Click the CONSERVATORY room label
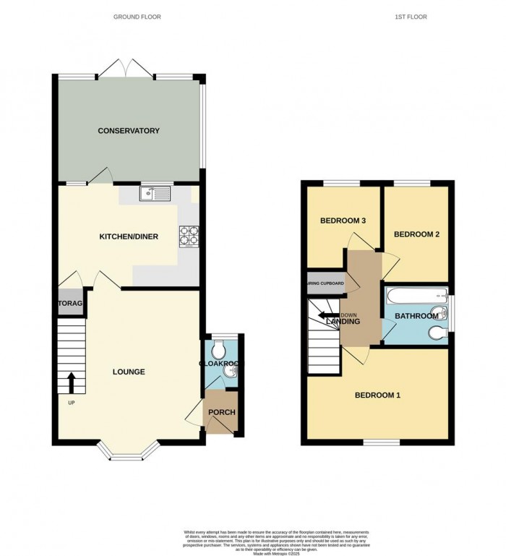[129, 131]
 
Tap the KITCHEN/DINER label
[129, 236]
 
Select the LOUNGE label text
[129, 372]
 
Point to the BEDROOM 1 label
[377, 395]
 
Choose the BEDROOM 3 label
[342, 221]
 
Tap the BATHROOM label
[417, 317]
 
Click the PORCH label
[221, 413]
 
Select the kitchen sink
[154, 193]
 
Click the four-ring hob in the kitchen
[189, 236]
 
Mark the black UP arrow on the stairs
[72, 381]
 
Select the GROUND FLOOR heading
[137, 17]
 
